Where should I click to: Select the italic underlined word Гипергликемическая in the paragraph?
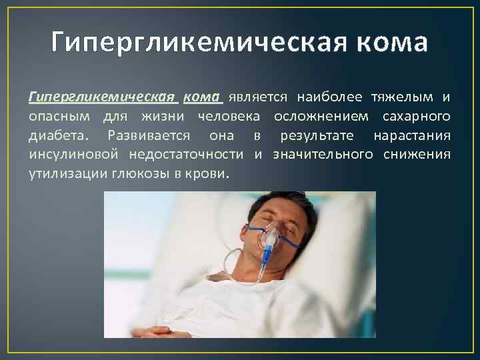(103, 97)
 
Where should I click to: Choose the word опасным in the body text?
(61, 117)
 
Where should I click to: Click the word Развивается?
(143, 136)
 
